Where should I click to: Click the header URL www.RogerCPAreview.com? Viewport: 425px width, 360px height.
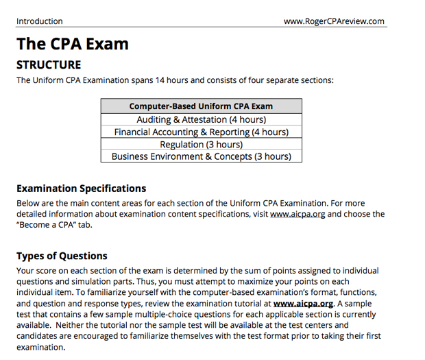click(x=334, y=21)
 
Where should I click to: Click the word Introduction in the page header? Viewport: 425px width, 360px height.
click(x=39, y=21)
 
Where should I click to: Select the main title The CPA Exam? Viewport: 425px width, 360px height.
click(x=73, y=45)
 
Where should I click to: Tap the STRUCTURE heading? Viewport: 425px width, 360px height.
click(x=49, y=66)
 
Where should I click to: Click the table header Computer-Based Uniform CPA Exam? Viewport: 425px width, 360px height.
click(x=201, y=106)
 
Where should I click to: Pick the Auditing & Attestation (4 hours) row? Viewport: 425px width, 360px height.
click(x=201, y=119)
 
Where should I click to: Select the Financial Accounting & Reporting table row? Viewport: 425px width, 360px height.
click(x=201, y=132)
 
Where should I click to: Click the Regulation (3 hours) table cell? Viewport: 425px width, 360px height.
click(x=201, y=144)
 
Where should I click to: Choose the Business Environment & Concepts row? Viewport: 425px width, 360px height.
click(x=201, y=156)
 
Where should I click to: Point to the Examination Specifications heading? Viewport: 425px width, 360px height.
click(x=81, y=189)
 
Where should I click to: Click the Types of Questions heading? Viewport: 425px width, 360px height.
click(x=62, y=256)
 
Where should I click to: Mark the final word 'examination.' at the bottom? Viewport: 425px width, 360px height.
click(x=42, y=347)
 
